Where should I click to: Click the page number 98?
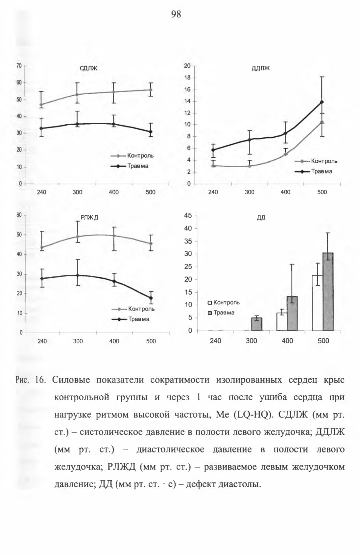coord(176,14)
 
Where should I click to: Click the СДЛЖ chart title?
coord(89,68)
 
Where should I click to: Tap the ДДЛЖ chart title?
coord(260,68)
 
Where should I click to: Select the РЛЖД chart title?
coord(90,218)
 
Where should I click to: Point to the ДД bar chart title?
coord(261,218)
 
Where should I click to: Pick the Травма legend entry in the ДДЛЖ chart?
coord(314,171)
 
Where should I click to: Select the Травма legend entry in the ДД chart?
coord(221,313)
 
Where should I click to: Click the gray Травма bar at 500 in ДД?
coord(328,292)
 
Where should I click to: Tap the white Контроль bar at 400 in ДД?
coord(282,322)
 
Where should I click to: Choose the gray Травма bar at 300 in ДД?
coord(257,324)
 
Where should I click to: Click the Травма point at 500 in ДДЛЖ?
coord(322,102)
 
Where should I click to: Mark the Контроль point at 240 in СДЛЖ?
coord(41,105)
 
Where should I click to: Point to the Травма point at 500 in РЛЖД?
coord(151,298)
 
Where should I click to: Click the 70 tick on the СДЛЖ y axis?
coord(19,66)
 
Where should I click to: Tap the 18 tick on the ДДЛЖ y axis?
coord(187,78)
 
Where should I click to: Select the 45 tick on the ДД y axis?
coord(188,216)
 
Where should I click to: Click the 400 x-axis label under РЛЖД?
coord(114,341)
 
